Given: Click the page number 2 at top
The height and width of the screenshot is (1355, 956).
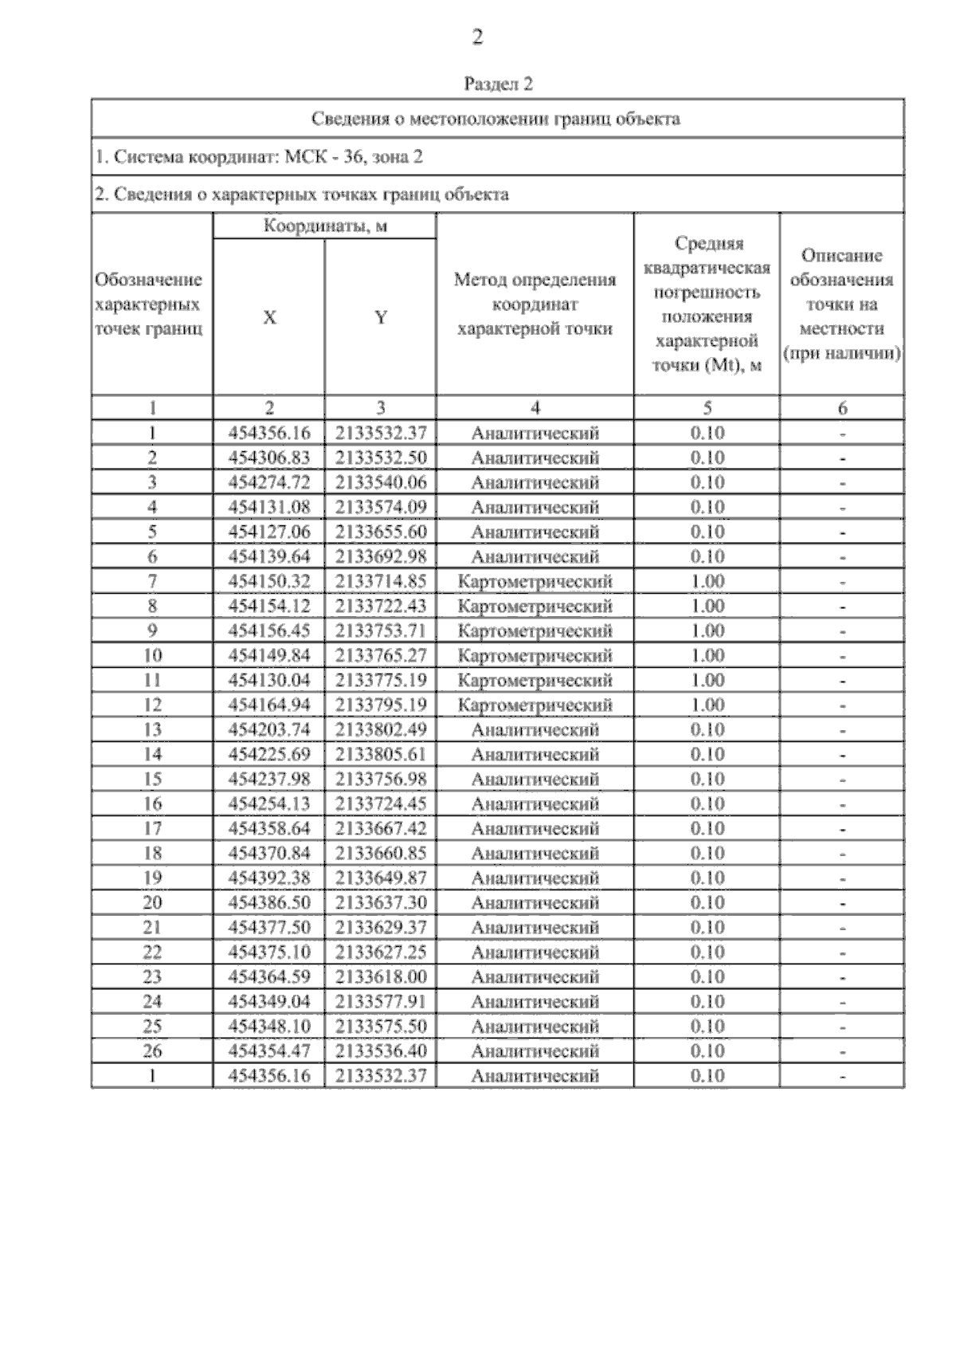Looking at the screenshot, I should click(x=477, y=37).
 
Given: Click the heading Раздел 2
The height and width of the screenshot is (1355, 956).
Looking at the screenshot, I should click(x=498, y=84).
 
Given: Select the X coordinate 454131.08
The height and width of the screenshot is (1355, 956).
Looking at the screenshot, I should click(x=269, y=507).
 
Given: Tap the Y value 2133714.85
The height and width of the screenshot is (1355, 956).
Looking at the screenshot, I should click(x=381, y=581).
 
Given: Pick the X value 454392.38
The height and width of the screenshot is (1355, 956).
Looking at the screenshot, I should click(x=269, y=878).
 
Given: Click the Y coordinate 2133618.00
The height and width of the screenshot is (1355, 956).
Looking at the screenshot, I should click(x=381, y=976).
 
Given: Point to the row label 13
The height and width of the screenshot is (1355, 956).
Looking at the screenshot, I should click(x=151, y=729).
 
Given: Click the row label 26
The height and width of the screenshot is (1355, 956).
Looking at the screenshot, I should click(x=151, y=1051).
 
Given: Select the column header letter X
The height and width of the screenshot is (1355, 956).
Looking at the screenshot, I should click(x=269, y=317).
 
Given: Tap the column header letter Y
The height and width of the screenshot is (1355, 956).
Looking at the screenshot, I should click(x=381, y=317).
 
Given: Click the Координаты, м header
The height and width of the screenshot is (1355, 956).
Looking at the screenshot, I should click(x=325, y=226).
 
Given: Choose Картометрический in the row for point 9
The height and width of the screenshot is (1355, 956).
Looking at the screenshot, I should click(x=535, y=630).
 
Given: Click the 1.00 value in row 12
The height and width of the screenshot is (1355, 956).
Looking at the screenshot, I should click(x=707, y=705).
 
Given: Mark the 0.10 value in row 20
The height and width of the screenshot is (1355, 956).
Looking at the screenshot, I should click(x=707, y=902).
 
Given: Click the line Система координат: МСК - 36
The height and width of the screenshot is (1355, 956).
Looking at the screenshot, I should click(x=259, y=157).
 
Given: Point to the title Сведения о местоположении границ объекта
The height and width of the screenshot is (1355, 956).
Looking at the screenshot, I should click(x=496, y=119).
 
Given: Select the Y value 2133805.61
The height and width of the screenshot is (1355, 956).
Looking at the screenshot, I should click(x=381, y=754).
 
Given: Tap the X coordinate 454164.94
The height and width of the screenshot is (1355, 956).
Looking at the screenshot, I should click(x=269, y=705).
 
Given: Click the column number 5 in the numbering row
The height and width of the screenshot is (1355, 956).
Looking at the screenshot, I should click(x=707, y=408).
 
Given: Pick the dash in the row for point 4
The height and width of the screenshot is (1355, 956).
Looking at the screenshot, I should click(x=842, y=508).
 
